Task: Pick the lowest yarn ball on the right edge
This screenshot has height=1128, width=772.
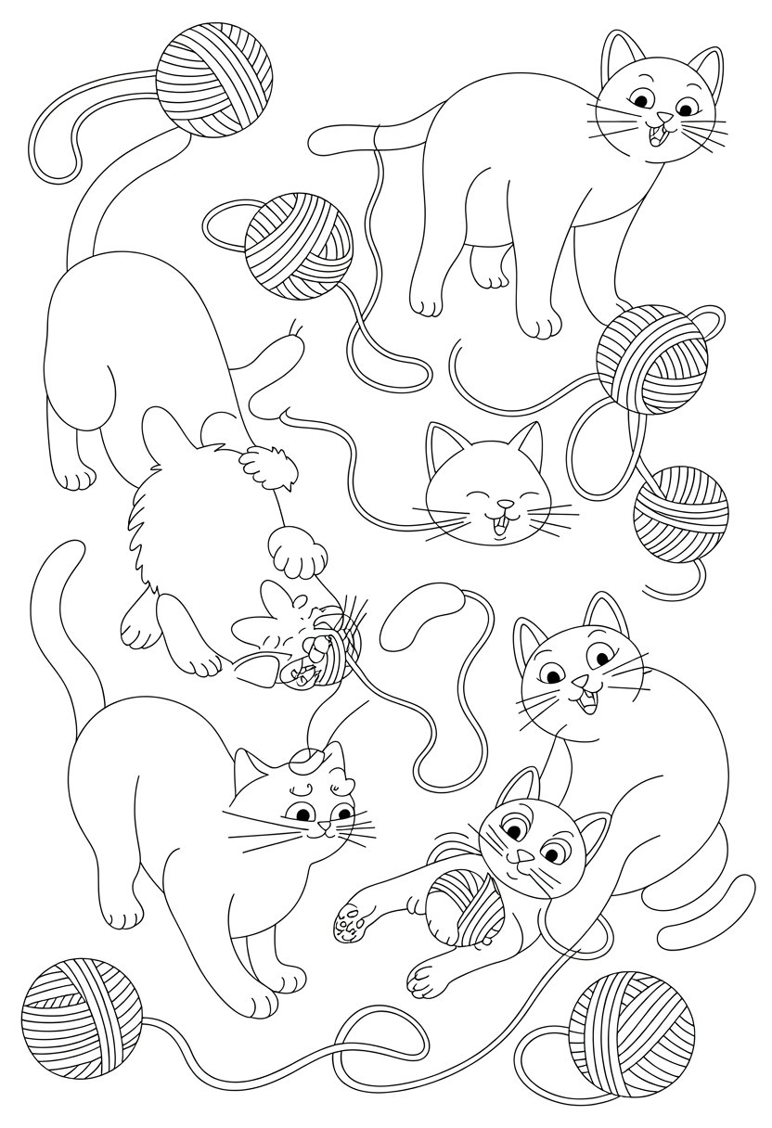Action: click(681, 513)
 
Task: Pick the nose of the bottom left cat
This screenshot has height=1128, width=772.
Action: click(322, 827)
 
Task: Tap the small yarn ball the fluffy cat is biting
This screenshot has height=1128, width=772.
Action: click(327, 660)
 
